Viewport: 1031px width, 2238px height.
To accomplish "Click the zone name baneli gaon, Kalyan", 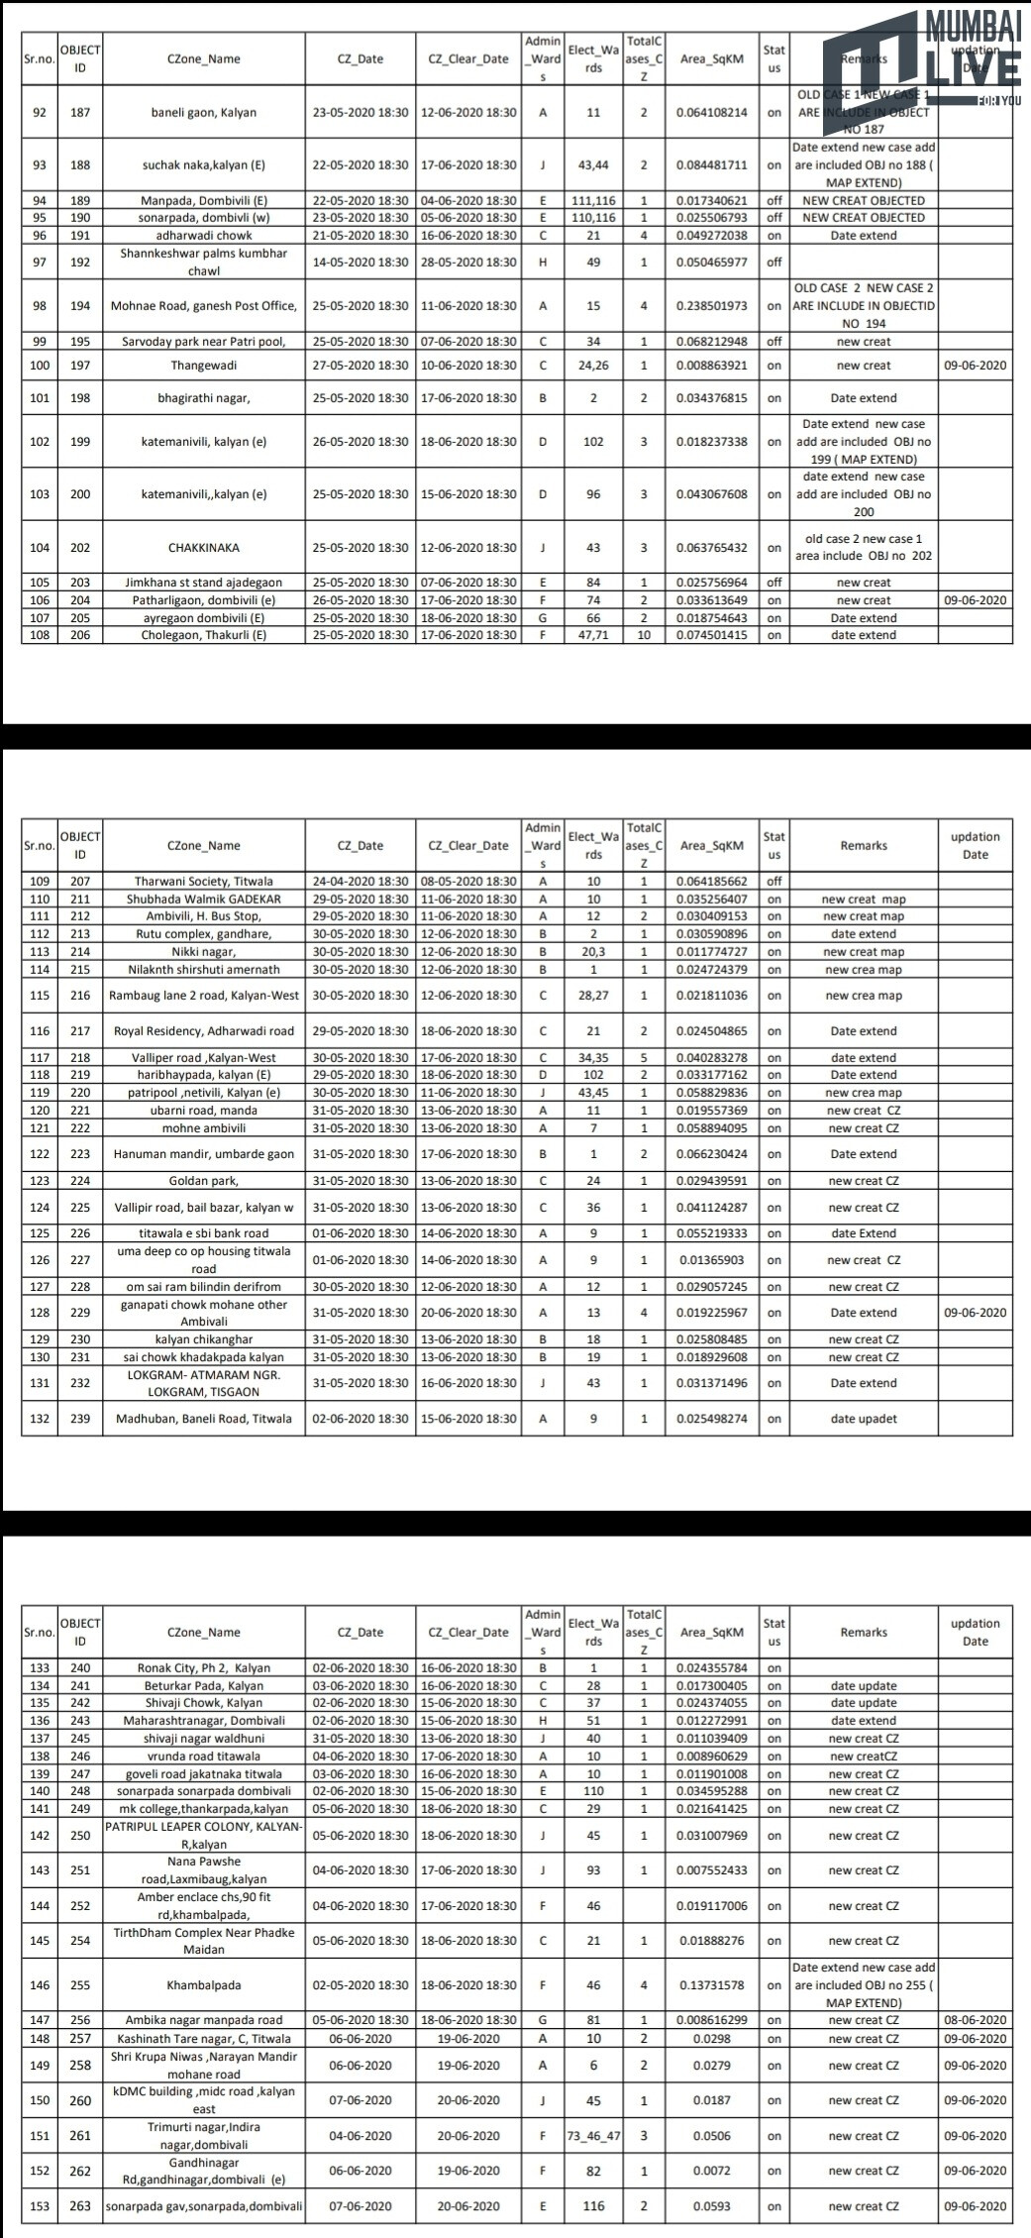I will click(x=203, y=112).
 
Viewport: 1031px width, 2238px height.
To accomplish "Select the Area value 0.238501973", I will click(x=712, y=306).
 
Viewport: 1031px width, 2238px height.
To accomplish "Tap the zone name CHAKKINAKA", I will click(x=203, y=548).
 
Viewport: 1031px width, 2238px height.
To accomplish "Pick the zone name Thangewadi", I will click(x=203, y=366).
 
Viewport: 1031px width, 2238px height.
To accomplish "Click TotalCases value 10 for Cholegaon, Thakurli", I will click(x=644, y=635).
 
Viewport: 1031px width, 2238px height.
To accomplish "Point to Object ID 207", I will click(x=80, y=881).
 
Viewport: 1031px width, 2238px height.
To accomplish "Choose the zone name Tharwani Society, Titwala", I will click(x=203, y=881).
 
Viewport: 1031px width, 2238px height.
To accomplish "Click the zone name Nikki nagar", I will click(x=203, y=952).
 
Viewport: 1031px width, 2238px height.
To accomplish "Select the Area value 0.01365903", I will click(x=712, y=1260).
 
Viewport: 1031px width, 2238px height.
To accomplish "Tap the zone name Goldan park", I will click(x=203, y=1181).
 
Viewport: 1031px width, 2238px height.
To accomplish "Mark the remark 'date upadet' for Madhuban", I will click(x=864, y=1419).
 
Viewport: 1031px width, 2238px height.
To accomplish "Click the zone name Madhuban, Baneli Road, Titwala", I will click(x=203, y=1419).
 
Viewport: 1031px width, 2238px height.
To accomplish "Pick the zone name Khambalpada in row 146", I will click(x=203, y=1985).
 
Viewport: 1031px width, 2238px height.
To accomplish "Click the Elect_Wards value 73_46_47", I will click(x=593, y=2136).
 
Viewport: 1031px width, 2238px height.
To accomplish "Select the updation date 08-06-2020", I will click(x=975, y=2020).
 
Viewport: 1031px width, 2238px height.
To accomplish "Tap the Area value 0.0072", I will click(x=712, y=2171).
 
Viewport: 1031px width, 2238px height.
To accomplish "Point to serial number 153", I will click(x=40, y=2206).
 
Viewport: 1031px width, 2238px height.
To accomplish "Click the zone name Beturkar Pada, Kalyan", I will click(x=203, y=1686).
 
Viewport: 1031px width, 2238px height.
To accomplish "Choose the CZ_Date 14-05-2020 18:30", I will click(x=361, y=263).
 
